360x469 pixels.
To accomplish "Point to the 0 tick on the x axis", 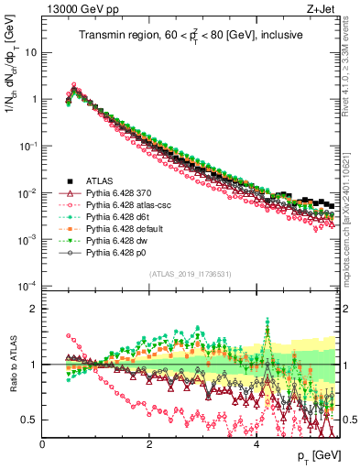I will pyautogui.click(x=43, y=442).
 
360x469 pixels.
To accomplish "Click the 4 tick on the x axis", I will pyautogui.click(x=256, y=442).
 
